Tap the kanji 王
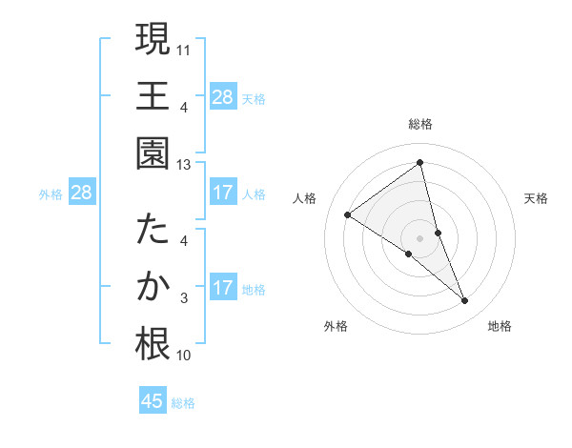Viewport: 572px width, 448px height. tap(153, 96)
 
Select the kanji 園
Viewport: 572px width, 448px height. tap(153, 153)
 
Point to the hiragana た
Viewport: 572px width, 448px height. tap(153, 232)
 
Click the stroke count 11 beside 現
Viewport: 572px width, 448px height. tap(184, 48)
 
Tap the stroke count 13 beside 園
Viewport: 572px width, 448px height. tap(184, 164)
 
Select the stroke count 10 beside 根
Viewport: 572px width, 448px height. tap(184, 356)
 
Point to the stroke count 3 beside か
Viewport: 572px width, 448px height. tap(184, 299)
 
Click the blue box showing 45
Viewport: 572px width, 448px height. tap(153, 401)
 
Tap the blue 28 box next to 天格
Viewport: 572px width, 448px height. tap(222, 96)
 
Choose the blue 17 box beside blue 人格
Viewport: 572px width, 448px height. tap(222, 193)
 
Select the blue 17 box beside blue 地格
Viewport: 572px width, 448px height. tap(222, 288)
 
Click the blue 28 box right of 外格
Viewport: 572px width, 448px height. tap(82, 193)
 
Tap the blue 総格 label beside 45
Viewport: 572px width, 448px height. tap(183, 403)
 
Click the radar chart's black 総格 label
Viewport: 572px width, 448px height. tap(419, 124)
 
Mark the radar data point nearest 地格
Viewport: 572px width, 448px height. tap(465, 301)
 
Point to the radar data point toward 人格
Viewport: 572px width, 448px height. tap(348, 214)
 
